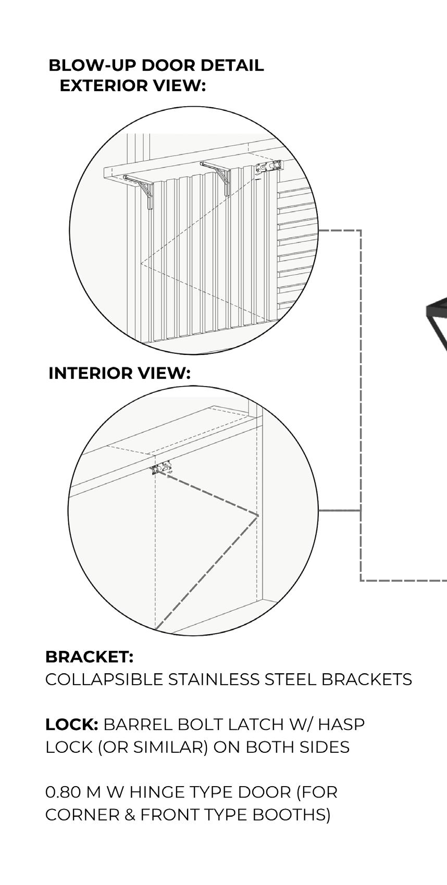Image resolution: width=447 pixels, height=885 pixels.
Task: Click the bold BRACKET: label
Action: pos(89,657)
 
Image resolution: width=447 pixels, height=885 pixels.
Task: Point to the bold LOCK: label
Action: pos(71,724)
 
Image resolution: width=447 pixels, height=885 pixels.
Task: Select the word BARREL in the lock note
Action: pos(133,724)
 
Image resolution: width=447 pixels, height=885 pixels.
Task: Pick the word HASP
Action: pos(341,724)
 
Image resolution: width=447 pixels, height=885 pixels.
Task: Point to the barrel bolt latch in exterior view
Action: pos(268,167)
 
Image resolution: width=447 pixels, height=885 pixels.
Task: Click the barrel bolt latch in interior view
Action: pos(162,467)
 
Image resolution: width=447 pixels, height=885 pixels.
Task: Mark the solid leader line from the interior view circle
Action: pos(339,511)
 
